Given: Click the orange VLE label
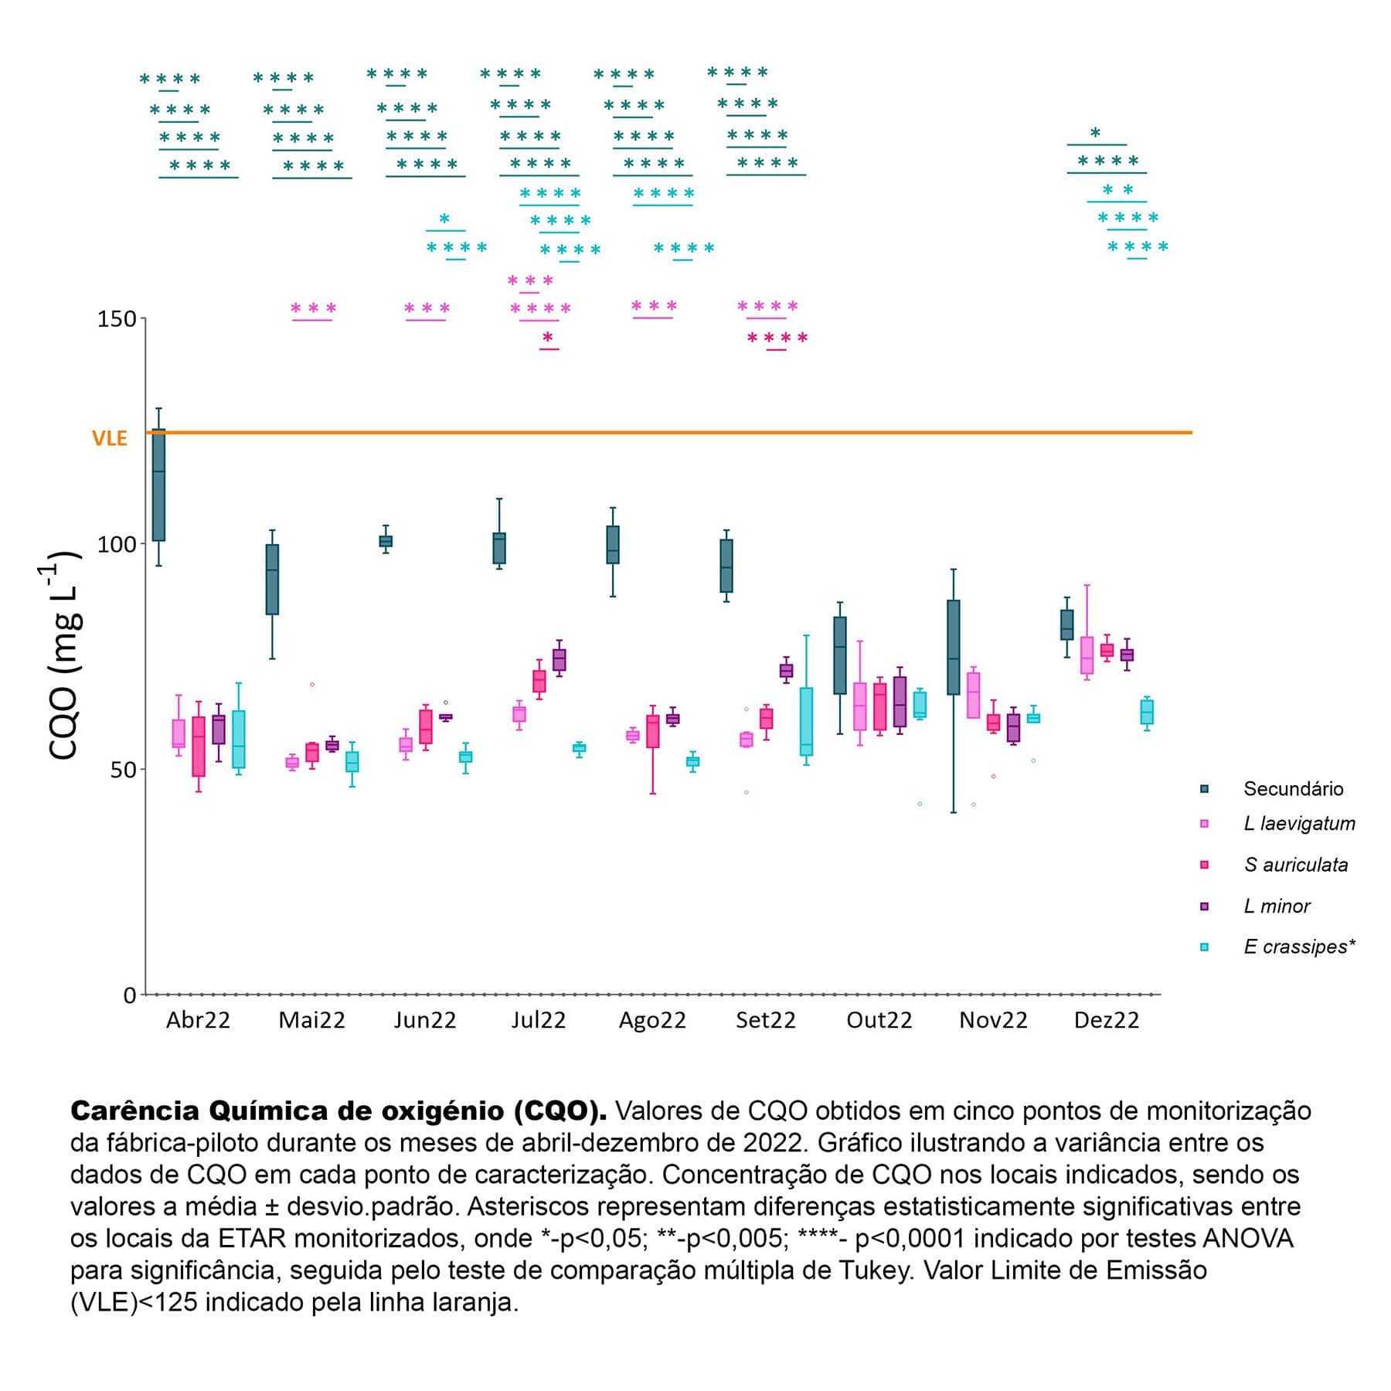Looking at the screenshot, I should (x=109, y=438).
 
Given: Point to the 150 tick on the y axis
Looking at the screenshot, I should (x=116, y=318).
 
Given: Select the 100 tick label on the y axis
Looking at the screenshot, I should (x=116, y=544).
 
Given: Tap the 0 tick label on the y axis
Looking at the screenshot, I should (x=129, y=995).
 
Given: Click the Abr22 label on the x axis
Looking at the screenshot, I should (x=198, y=1020).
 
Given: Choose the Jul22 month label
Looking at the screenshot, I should (x=538, y=1020).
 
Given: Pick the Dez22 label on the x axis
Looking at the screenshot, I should (x=1106, y=1020).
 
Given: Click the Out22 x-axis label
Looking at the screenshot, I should (x=879, y=1020).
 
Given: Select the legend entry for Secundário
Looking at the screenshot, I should (x=1293, y=788).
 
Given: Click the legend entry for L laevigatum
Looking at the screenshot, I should (x=1299, y=823).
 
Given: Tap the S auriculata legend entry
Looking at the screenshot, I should (x=1295, y=865).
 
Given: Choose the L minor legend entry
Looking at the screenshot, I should (x=1277, y=906).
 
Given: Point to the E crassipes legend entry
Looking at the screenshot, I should (x=1299, y=947).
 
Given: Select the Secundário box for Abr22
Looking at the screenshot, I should (x=158, y=485).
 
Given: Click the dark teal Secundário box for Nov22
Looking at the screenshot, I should (x=954, y=647).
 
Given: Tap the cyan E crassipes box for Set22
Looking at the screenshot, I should (x=806, y=721).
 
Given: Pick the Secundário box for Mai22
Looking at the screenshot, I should (x=272, y=580).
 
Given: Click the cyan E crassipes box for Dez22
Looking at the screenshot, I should (x=1147, y=712).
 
